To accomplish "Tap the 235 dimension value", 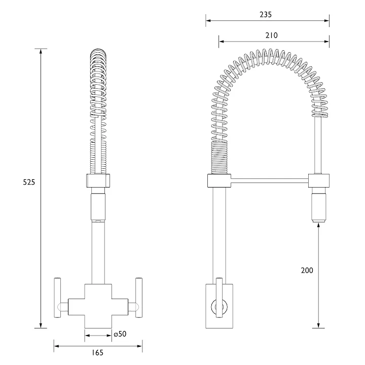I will (x=265, y=15).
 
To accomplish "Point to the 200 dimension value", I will (x=307, y=270).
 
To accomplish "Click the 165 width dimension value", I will (x=98, y=353).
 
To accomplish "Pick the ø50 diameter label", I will (x=120, y=335).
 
